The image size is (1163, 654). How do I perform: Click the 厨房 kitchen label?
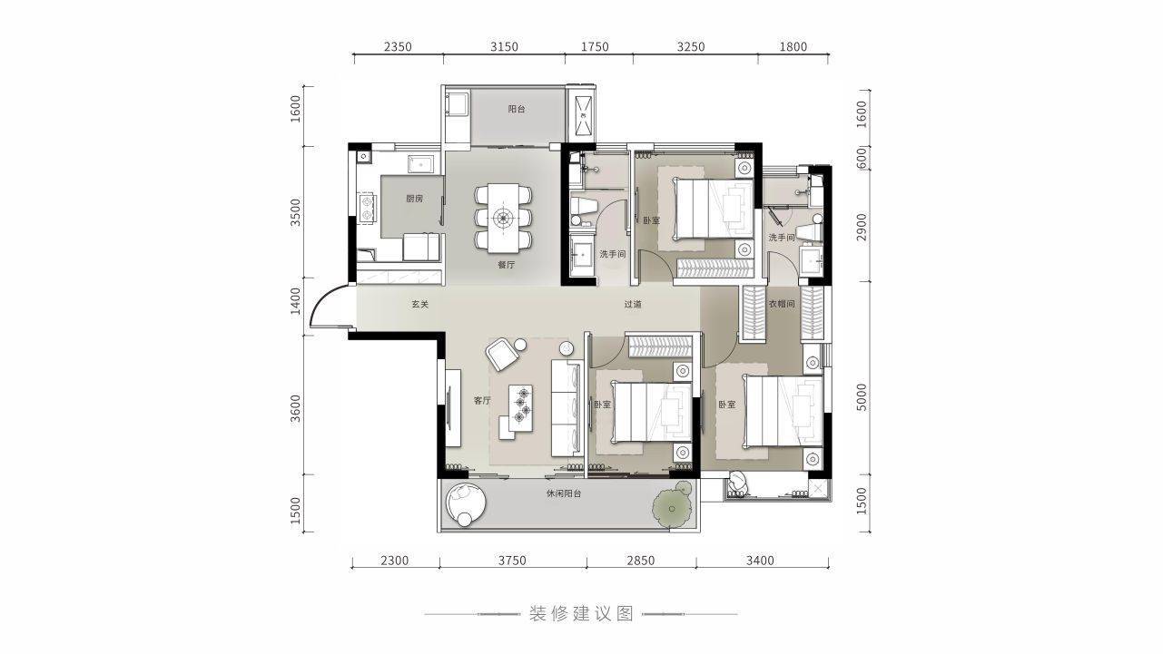pos(414,199)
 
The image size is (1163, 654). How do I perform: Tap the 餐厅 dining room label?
pos(507,265)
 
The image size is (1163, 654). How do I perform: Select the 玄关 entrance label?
pos(420,305)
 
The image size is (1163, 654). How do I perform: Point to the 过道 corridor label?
pos(633,305)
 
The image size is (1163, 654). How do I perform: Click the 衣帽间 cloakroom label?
pos(782,304)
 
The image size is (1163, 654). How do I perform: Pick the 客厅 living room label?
pos(482,400)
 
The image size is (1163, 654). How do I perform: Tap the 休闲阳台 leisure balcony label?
pos(564,493)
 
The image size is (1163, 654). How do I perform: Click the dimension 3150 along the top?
pos(504,46)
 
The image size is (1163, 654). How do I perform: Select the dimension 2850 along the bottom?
pos(641,561)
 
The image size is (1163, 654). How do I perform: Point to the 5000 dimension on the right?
pos(862,397)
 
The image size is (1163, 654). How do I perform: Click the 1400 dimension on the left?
pos(295,301)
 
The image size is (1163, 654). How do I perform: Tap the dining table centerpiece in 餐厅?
pos(503,218)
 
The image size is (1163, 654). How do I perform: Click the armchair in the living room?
pos(500,355)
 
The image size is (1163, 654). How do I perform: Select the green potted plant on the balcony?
pos(673,509)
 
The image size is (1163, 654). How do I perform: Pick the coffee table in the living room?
pos(521,407)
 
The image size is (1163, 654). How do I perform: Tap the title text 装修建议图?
pos(581,614)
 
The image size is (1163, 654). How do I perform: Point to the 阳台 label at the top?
pos(517,109)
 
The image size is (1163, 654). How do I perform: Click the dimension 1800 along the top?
pos(793,46)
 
